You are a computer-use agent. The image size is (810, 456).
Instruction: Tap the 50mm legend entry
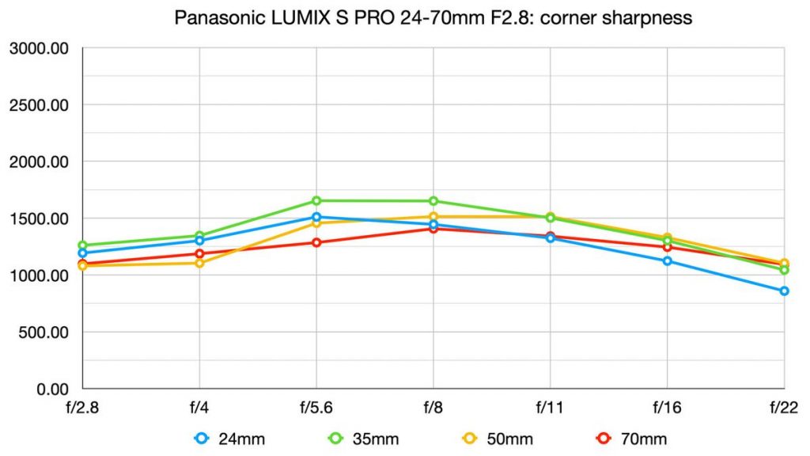500,439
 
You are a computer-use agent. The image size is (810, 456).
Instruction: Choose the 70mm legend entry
633,439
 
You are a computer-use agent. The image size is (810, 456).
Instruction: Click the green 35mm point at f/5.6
316,201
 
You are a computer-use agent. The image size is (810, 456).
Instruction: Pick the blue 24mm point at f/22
784,291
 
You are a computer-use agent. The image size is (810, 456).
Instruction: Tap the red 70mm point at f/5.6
316,242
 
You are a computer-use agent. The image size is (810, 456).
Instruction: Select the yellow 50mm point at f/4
199,263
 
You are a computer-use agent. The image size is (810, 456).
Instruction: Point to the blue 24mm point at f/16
667,261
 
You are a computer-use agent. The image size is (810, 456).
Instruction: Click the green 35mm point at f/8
433,201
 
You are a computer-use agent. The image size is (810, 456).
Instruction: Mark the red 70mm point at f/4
199,254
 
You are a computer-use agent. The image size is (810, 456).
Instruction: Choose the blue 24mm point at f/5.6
316,217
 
